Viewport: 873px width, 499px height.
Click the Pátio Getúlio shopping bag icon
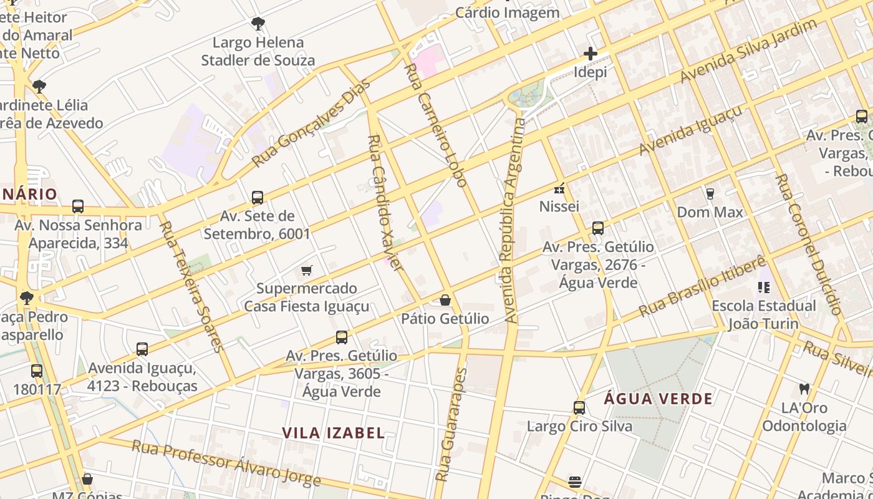click(x=445, y=300)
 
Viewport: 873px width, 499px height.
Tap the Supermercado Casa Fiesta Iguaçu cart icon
click(x=306, y=270)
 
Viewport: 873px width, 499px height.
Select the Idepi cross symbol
click(x=590, y=54)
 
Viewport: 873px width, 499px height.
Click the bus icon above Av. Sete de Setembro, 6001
click(x=257, y=198)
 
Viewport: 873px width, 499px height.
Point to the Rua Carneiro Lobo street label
click(x=436, y=125)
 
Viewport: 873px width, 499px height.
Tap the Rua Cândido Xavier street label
click(x=383, y=202)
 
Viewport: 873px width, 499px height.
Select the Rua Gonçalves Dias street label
click(x=311, y=123)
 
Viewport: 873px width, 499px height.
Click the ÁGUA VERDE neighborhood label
click(x=658, y=399)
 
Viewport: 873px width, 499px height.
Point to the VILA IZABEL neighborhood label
click(x=333, y=433)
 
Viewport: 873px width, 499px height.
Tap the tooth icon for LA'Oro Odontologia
click(x=804, y=389)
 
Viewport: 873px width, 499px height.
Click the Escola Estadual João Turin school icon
click(x=764, y=287)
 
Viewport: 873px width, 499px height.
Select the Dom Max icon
click(x=710, y=193)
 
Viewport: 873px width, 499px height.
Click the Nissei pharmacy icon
click(x=559, y=188)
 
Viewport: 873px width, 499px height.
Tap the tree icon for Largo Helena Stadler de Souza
click(x=258, y=24)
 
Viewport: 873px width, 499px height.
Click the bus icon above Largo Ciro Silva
click(x=579, y=408)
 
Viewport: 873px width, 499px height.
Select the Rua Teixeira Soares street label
click(x=192, y=286)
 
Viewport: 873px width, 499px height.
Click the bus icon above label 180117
click(x=37, y=371)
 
